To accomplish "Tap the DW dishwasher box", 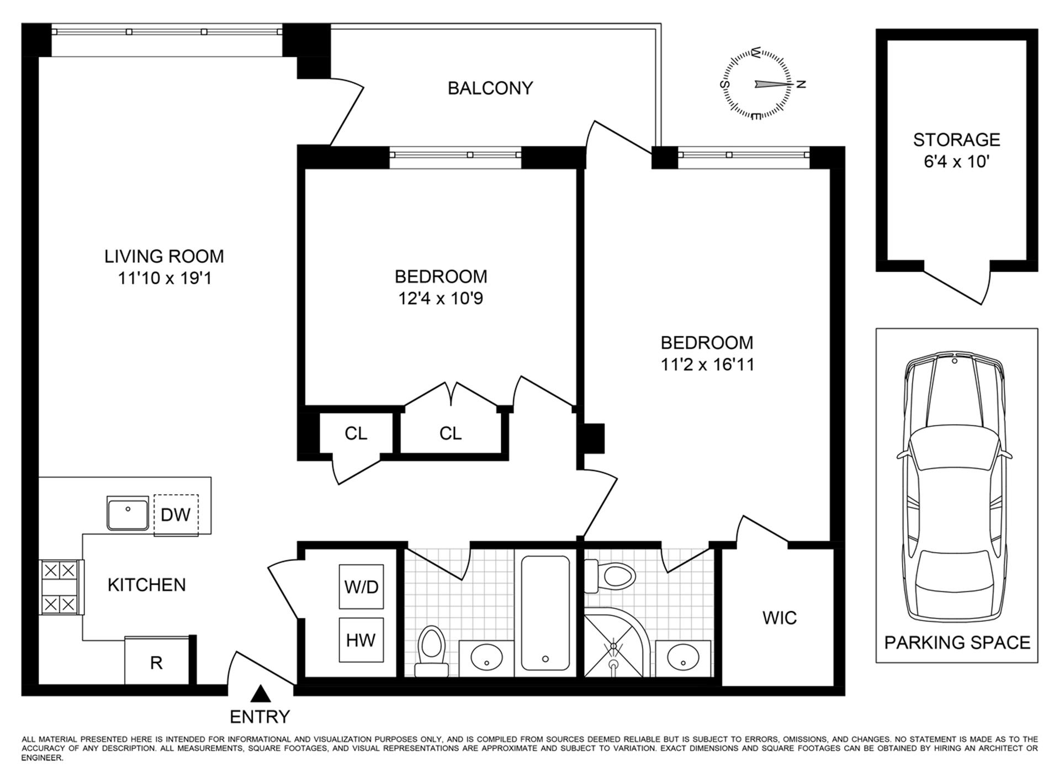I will coord(176,515).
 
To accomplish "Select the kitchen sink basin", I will coord(128,513).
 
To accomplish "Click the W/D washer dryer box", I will coord(361,586).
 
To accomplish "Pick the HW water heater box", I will coord(361,640).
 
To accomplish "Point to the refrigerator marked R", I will coord(157,662).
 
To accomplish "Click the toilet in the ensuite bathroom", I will coord(613,575).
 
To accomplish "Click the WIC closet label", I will coord(779,617).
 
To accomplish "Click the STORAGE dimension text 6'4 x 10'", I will coord(956,162).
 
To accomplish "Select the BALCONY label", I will coord(490,88).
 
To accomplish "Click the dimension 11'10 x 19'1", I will coord(165,278).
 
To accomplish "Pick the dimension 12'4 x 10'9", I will coord(441,299).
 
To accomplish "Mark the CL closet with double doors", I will coord(450,433).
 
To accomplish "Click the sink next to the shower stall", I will coord(683,657).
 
